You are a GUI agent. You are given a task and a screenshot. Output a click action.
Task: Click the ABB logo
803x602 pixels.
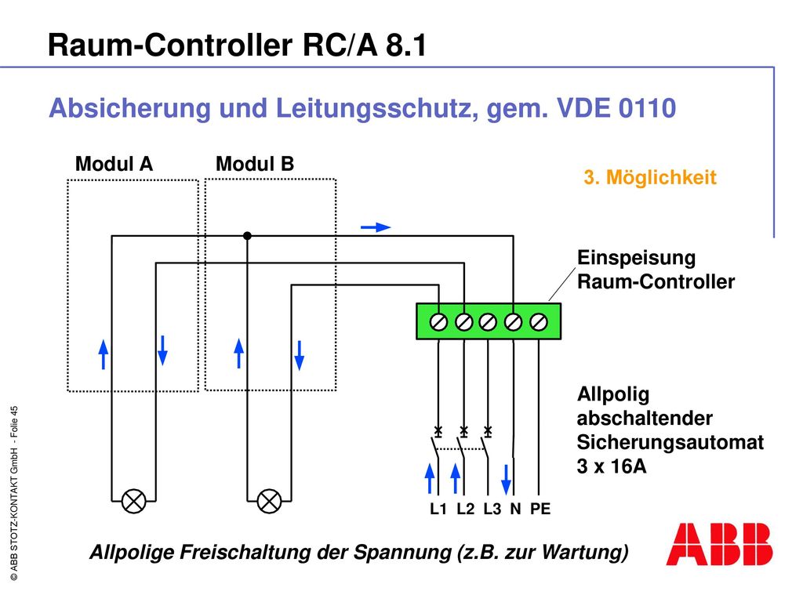[x=719, y=544]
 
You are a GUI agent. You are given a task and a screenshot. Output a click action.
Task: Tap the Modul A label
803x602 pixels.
[x=114, y=165]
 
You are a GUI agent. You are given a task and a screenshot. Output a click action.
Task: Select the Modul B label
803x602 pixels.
[x=255, y=165]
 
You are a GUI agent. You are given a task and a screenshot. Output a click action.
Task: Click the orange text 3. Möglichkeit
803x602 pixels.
[x=650, y=178]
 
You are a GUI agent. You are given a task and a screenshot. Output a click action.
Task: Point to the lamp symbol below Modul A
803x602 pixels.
[x=133, y=501]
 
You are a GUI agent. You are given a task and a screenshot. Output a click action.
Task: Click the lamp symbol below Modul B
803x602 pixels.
[x=269, y=501]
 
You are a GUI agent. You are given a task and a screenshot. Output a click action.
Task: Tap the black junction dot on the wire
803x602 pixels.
[x=247, y=236]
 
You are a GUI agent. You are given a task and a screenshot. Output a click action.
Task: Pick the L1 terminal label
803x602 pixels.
[x=438, y=509]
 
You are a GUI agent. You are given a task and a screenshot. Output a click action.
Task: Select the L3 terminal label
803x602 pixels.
[x=492, y=509]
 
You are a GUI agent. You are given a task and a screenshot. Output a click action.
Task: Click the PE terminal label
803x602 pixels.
[x=540, y=509]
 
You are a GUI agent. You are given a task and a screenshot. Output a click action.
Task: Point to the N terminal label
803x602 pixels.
[x=515, y=509]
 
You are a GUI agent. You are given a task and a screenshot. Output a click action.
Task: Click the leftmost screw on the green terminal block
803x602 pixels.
[x=438, y=322]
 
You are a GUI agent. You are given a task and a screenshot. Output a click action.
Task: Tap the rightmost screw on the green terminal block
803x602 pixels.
[x=538, y=322]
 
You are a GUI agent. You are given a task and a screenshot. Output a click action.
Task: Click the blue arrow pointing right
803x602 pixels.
[x=376, y=227]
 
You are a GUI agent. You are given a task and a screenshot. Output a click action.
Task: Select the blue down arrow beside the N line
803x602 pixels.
[x=506, y=480]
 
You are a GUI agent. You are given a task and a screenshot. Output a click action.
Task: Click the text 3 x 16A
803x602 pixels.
[x=612, y=466]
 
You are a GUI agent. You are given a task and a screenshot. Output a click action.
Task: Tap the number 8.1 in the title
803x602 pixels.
[x=406, y=45]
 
